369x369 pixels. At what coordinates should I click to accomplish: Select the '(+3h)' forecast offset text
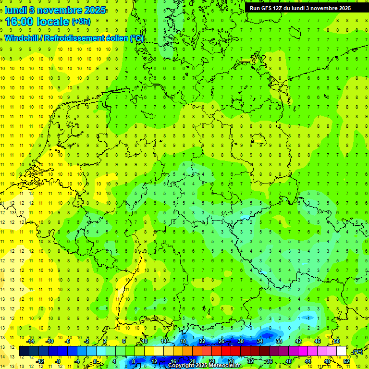coord(81,22)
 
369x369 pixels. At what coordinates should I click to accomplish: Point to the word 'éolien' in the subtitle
coord(114,38)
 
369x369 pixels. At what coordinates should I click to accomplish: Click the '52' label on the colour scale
coord(346,361)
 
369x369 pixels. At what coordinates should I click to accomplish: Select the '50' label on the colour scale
coord(337,341)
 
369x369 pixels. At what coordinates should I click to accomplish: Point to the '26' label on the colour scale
coord(221,341)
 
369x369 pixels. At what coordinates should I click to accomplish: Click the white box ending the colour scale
coord(341,351)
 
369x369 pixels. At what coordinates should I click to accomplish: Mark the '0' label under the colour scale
coord(96,361)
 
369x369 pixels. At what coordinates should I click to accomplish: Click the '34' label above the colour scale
coord(260,341)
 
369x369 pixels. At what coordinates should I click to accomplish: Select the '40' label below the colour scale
coord(288,361)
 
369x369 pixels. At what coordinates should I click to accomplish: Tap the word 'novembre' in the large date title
coord(58,10)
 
